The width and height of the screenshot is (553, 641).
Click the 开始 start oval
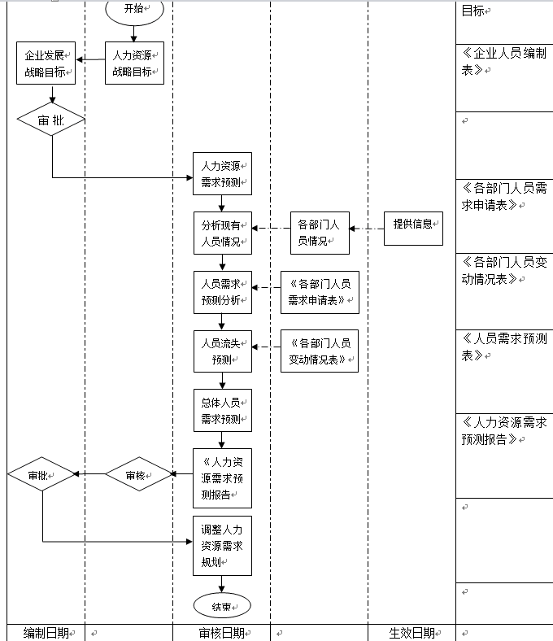click(134, 9)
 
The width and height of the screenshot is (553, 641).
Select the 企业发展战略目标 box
click(46, 63)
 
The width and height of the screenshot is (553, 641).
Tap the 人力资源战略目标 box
click(134, 63)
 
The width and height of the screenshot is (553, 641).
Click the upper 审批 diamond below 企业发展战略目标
click(50, 120)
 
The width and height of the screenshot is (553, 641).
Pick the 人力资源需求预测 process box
click(222, 174)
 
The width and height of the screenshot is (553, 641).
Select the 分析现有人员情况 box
click(222, 233)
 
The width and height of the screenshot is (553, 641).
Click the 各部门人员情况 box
click(320, 233)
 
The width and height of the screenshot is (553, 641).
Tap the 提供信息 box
click(413, 229)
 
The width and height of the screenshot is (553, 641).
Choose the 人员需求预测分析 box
click(222, 292)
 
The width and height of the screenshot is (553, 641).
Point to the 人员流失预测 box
click(222, 351)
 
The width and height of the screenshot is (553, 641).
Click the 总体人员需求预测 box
click(222, 411)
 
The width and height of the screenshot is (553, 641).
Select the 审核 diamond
click(138, 475)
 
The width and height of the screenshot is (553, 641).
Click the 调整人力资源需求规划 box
click(222, 545)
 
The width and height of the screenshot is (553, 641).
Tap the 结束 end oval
click(222, 606)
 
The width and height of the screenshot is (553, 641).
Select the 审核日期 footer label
click(221, 633)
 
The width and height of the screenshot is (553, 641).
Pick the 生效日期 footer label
click(411, 633)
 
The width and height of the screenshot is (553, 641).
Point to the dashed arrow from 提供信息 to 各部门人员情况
click(367, 229)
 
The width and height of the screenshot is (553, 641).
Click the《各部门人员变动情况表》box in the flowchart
click(320, 351)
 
